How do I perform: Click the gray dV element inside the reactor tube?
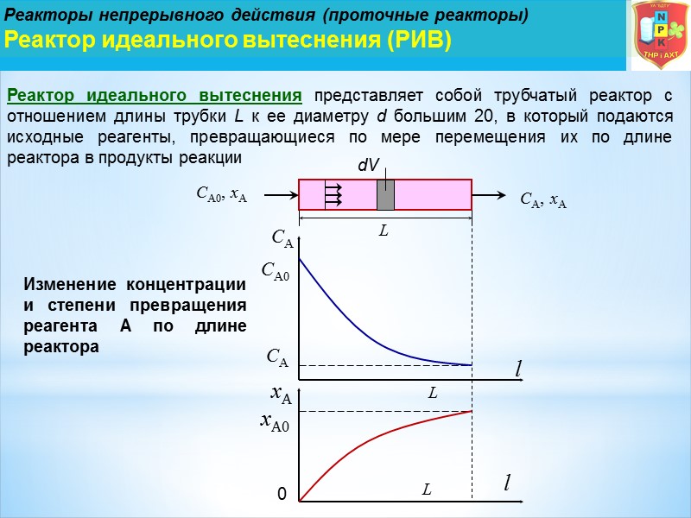385,195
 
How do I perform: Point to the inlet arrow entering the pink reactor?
280,196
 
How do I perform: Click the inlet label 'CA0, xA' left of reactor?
222,196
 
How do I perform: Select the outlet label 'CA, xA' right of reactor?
543,201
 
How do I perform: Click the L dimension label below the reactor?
384,232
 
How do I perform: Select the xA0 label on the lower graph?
275,423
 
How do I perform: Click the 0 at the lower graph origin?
281,495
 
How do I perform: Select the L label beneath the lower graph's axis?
426,490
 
